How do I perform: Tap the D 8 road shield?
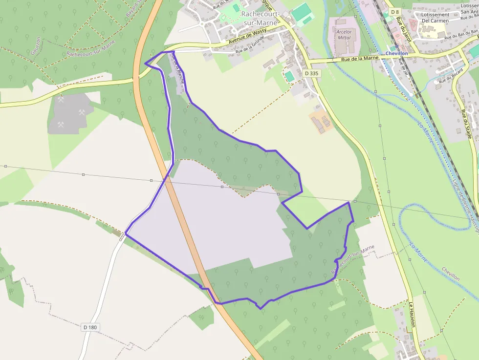tap(395, 11)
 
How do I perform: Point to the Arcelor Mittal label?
tap(344, 35)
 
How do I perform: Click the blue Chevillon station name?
tap(396, 53)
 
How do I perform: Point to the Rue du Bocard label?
tap(450, 77)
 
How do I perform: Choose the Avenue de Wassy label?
tap(248, 37)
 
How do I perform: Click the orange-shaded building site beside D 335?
tap(321, 122)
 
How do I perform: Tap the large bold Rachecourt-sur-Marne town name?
tap(261, 18)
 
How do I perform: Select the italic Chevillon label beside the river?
tap(450, 274)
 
